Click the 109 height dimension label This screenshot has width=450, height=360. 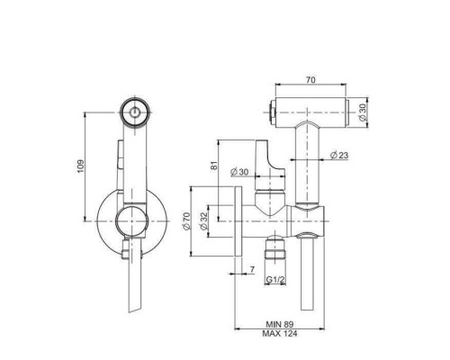[81, 166]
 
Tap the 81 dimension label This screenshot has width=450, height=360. [213, 166]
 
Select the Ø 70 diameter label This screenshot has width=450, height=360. [186, 221]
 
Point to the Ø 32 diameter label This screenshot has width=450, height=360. [203, 221]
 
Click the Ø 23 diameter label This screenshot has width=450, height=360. [339, 155]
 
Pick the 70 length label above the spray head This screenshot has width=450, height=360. [310, 80]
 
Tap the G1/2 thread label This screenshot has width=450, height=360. [275, 280]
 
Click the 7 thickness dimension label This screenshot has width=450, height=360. [252, 270]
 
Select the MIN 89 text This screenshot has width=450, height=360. [279, 324]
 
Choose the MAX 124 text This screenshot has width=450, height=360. [280, 333]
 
